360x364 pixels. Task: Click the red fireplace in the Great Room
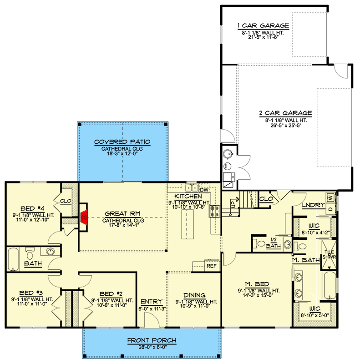84,217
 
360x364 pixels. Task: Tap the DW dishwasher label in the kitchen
204,190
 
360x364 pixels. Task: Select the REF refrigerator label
211,266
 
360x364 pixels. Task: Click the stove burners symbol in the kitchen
214,211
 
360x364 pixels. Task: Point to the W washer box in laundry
331,198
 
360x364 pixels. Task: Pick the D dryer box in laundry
331,209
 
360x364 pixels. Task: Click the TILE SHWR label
329,254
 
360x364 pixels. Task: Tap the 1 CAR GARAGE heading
263,25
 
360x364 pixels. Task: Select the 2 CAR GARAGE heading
286,113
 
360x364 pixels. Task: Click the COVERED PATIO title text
122,142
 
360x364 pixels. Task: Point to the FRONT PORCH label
152,340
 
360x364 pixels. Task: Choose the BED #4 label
32,209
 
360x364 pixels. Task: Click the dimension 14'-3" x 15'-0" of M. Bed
258,295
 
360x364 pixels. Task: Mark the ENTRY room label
152,302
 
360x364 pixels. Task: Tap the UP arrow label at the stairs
234,202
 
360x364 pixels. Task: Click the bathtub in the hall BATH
13,259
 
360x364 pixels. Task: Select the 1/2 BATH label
274,243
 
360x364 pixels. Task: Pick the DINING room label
194,295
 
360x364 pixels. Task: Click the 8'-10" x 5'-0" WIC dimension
314,315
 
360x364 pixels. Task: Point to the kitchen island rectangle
188,224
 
